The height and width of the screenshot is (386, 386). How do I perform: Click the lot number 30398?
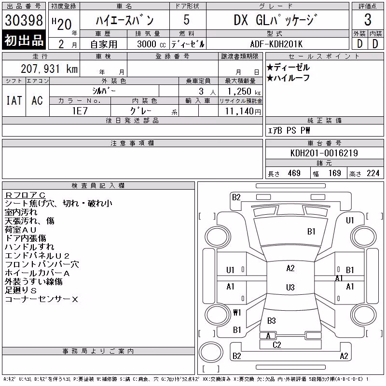click(24, 20)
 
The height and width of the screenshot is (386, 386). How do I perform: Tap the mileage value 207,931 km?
click(49, 69)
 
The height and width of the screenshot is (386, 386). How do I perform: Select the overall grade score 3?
click(368, 20)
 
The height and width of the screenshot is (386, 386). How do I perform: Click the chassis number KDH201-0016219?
click(324, 153)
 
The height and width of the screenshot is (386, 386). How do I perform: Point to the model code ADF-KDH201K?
click(276, 44)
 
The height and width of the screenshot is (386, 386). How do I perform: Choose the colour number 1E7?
click(80, 111)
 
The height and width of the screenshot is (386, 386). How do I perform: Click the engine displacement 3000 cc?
click(152, 44)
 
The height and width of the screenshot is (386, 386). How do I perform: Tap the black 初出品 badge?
click(24, 40)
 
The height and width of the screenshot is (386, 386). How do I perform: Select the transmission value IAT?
click(14, 100)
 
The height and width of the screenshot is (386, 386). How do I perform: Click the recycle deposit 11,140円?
click(243, 111)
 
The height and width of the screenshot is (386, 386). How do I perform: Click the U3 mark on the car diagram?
click(290, 287)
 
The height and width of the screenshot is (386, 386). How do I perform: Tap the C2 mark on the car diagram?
click(276, 345)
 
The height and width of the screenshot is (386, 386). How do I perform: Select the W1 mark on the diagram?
click(237, 312)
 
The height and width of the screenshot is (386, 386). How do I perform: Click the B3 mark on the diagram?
click(271, 320)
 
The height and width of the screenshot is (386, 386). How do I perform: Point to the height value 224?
click(373, 173)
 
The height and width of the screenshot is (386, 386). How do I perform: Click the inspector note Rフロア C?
click(25, 195)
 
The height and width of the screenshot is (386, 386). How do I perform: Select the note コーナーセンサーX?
click(41, 299)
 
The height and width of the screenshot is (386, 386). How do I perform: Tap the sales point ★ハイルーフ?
click(288, 78)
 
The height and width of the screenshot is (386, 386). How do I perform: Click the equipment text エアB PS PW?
click(289, 130)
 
